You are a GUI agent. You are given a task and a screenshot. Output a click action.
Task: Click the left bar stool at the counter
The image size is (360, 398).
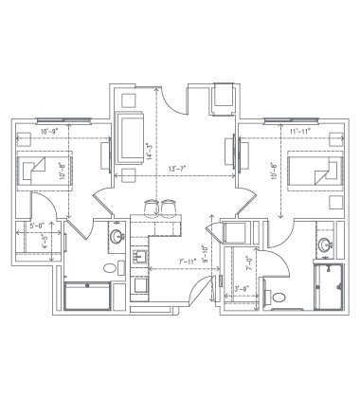[153, 208]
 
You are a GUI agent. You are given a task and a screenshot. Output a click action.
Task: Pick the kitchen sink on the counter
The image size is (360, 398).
[137, 256]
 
